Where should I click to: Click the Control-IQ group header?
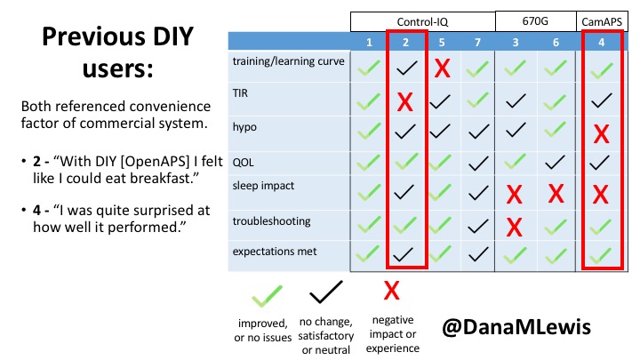click(x=422, y=21)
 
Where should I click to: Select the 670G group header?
click(x=535, y=20)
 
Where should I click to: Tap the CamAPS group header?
click(x=602, y=21)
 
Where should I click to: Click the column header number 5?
click(x=442, y=43)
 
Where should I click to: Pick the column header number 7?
click(x=477, y=43)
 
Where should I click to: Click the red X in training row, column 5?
click(x=442, y=68)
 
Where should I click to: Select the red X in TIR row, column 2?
click(x=405, y=101)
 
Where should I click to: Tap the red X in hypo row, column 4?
click(x=601, y=134)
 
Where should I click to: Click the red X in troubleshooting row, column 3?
click(x=515, y=227)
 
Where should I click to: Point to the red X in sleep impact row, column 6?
click(x=556, y=194)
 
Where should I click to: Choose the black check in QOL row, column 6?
click(x=555, y=163)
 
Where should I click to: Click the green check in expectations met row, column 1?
click(x=369, y=254)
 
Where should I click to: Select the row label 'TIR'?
click(x=240, y=93)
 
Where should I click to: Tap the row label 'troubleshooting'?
click(x=271, y=221)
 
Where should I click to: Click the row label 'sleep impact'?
click(x=263, y=186)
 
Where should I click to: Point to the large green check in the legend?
click(x=267, y=296)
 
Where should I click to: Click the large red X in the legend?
click(x=391, y=291)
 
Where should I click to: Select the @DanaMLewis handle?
click(x=516, y=327)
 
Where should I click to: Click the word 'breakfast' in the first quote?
click(x=159, y=179)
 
